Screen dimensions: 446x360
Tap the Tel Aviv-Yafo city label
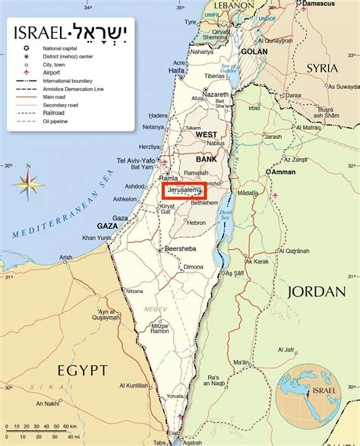134,160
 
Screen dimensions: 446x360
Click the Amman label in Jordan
283,172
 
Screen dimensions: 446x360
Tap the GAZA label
107,226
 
